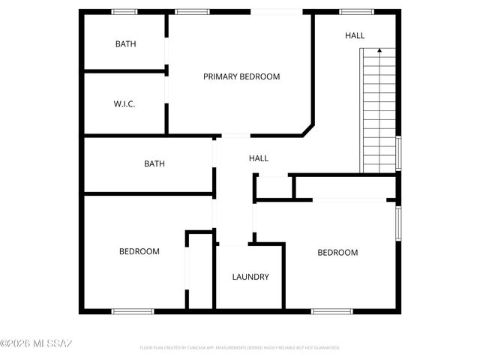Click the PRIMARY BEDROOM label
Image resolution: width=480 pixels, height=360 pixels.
[x=241, y=76]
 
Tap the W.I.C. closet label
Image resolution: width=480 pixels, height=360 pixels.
[x=124, y=103]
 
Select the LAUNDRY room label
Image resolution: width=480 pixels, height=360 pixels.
[x=250, y=277]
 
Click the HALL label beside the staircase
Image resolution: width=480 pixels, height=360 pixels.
[x=355, y=35]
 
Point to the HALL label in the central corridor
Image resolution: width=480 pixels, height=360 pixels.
[x=259, y=158]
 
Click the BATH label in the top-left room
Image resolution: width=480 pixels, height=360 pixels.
[x=126, y=43]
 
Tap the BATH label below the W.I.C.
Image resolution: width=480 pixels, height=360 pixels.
[x=154, y=163]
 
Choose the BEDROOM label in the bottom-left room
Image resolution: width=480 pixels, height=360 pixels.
[x=139, y=251]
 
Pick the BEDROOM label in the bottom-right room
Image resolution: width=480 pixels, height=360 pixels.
[x=337, y=252]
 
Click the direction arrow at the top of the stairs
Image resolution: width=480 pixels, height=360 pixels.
[x=379, y=51]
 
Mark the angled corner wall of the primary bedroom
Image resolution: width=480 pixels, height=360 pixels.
[x=307, y=129]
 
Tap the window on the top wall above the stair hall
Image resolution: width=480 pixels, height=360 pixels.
[x=356, y=12]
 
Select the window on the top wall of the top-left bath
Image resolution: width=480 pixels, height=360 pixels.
[x=124, y=12]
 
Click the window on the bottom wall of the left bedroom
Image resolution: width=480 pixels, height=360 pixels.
[x=133, y=310]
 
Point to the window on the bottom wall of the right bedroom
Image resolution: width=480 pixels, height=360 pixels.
[x=332, y=310]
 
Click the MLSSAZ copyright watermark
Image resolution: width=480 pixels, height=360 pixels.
[x=36, y=343]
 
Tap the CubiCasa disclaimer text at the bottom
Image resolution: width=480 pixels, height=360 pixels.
[x=240, y=348]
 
